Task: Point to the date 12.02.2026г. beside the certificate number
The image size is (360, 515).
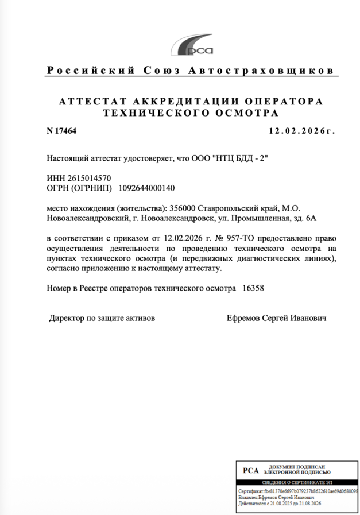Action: [301, 131]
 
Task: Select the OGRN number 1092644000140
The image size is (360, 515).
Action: [146, 188]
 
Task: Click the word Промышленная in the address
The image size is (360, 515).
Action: [258, 218]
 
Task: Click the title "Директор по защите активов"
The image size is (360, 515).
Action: [102, 317]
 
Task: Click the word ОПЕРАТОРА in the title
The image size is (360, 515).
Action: [286, 102]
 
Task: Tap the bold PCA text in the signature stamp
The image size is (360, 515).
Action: [251, 470]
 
